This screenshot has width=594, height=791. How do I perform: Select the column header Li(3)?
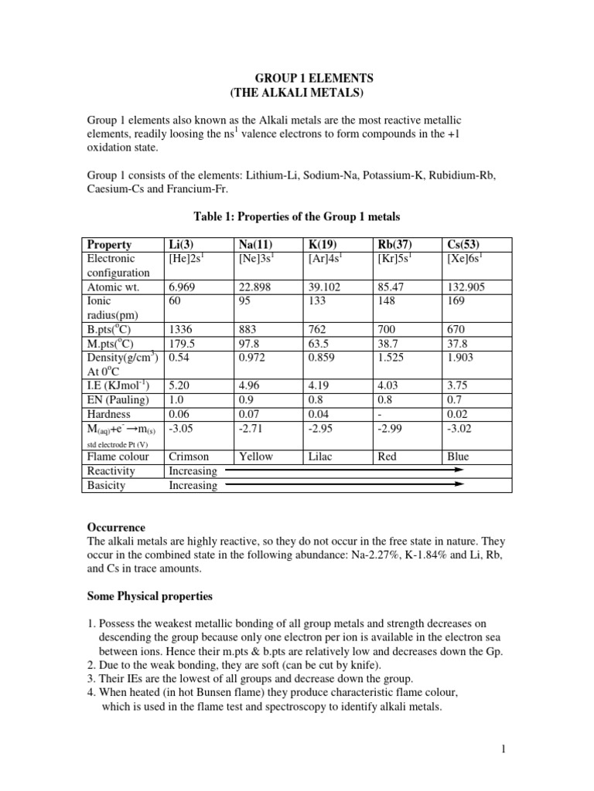180,245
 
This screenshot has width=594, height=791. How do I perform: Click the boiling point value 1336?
179,329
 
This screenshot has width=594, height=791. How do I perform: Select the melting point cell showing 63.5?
319,343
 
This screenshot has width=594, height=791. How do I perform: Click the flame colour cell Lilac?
319,457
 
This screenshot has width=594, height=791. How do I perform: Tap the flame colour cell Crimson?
189,457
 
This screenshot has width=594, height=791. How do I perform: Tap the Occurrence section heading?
115,527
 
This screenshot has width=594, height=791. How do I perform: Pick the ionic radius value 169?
456,300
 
